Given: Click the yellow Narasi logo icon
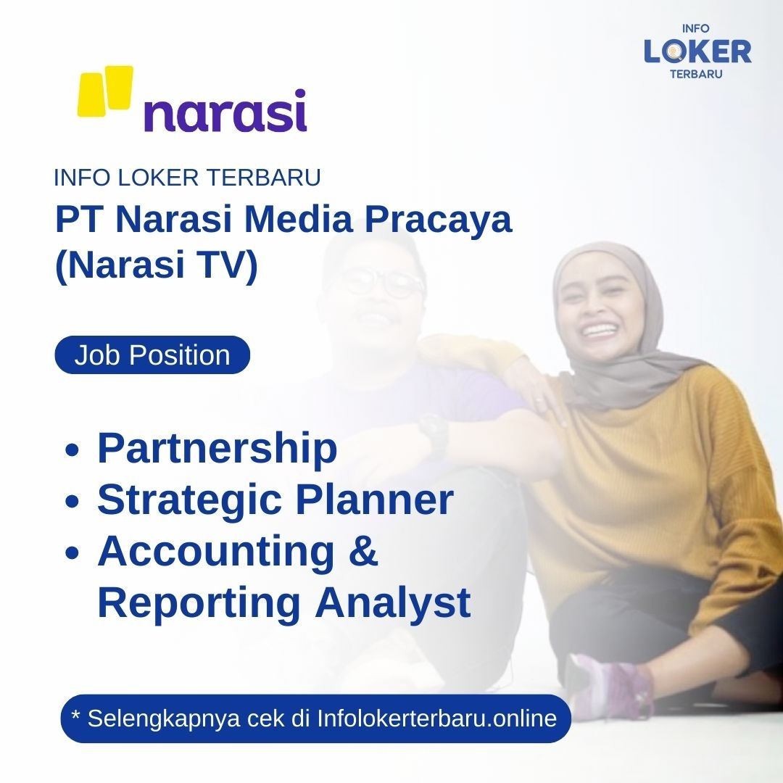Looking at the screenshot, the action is tap(105, 91).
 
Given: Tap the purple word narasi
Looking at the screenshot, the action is tap(225, 110).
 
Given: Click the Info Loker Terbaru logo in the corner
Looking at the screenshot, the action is tap(697, 51).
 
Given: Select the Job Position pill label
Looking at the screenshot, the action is tap(152, 355).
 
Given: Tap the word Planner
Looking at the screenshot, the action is tap(375, 499).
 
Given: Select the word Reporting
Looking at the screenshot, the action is tap(198, 604).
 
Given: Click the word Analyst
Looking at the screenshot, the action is tap(392, 604).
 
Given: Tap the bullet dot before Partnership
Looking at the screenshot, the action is tap(72, 449).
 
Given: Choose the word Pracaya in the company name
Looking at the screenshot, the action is tap(438, 220).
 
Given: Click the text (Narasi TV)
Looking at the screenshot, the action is tap(157, 265).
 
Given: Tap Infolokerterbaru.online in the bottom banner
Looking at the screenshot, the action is tap(437, 718).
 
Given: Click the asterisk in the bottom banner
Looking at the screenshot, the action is tap(76, 715).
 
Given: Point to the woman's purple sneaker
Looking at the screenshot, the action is tap(609, 685).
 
